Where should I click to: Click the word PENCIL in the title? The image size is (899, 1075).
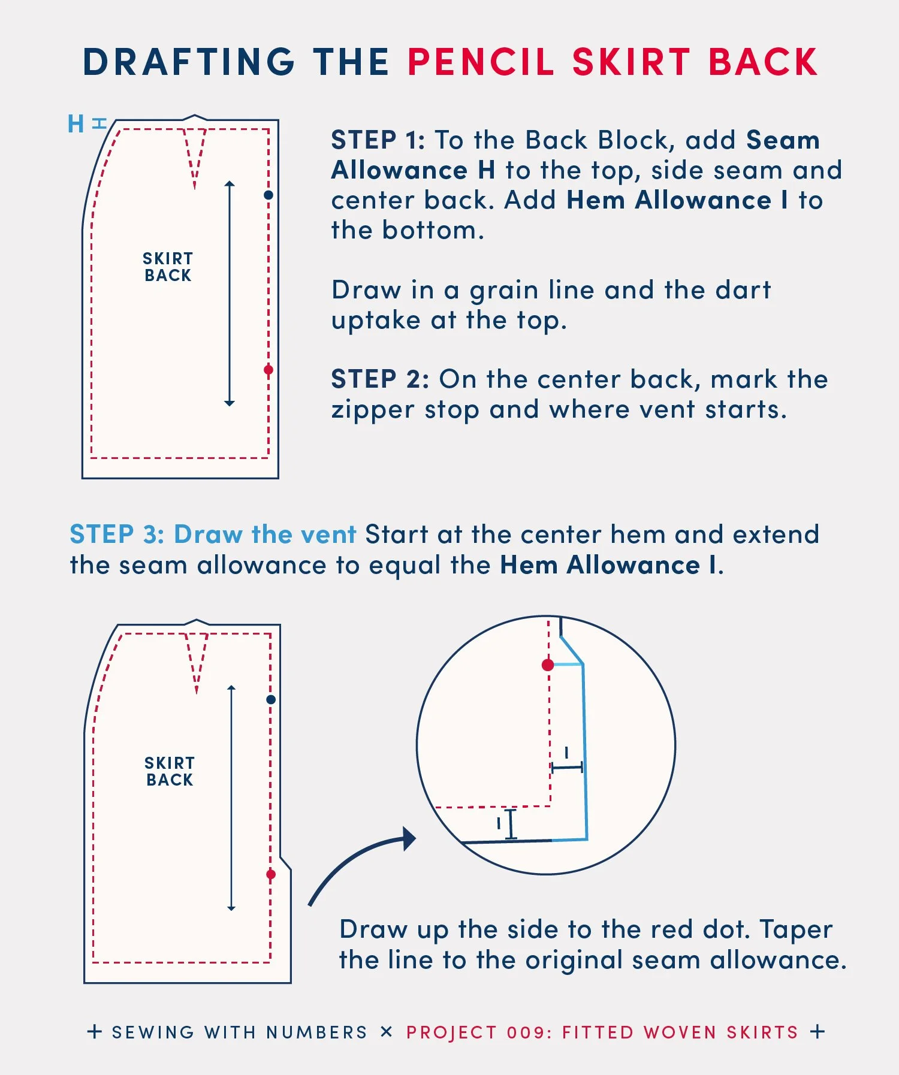tap(481, 62)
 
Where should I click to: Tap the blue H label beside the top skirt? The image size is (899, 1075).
tap(76, 124)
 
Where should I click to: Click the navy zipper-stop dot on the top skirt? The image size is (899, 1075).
tap(269, 195)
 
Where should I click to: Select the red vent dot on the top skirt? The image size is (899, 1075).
tap(269, 370)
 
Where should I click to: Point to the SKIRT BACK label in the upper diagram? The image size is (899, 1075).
tap(168, 267)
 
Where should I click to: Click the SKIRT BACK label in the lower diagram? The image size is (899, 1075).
tap(170, 772)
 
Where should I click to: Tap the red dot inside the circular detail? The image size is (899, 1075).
tap(548, 665)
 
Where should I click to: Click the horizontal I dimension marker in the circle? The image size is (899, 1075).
tap(566, 767)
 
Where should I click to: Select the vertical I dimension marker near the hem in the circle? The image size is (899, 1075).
tap(509, 825)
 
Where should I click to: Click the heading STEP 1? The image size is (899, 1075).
tap(378, 140)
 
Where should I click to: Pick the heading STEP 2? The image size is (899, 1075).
tap(380, 379)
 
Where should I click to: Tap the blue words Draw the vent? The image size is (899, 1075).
tap(265, 535)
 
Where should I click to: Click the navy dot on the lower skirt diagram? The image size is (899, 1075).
tap(271, 699)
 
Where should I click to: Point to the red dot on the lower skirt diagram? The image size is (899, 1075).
tap(271, 875)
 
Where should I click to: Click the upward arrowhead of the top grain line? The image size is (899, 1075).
tap(230, 183)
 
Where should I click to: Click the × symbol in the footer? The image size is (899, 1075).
tap(387, 1032)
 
